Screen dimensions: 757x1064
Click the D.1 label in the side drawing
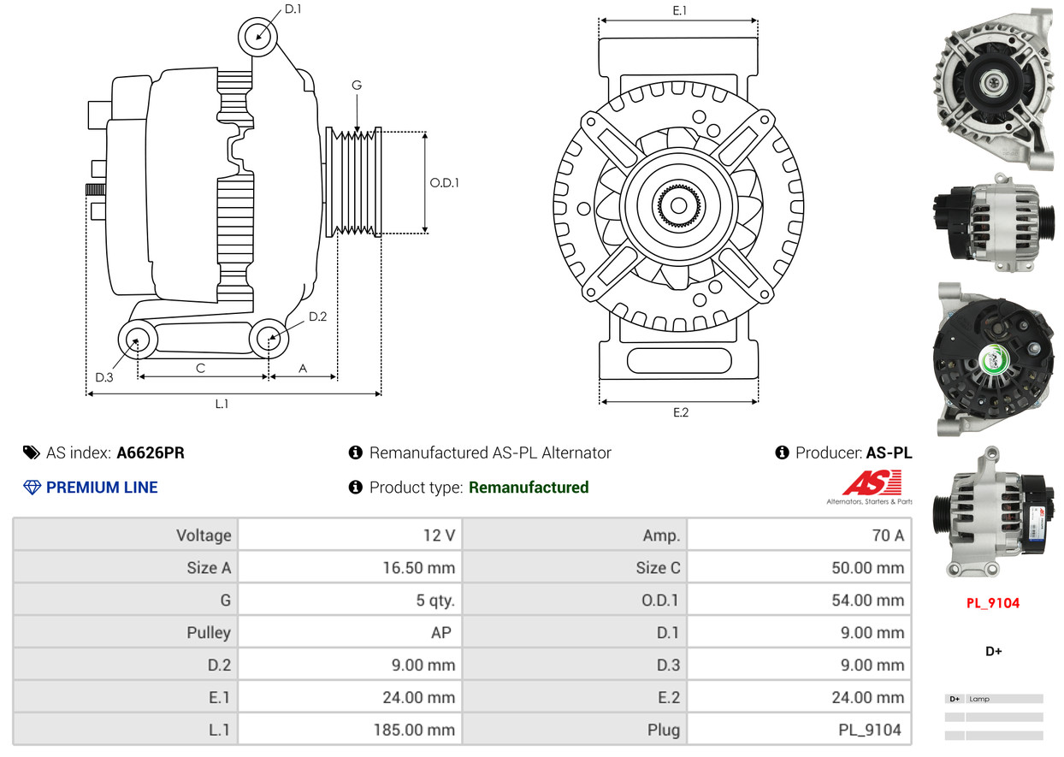pos(293,9)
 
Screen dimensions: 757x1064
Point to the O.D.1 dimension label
pos(444,182)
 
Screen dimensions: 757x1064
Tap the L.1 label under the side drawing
pos(222,404)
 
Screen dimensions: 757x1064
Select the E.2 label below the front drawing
pos(680,412)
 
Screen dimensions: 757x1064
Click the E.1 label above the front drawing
pos(680,10)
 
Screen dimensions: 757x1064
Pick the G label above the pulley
pos(357,85)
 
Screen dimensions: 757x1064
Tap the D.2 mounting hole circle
pos(270,338)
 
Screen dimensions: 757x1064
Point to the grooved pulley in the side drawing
pos(353,182)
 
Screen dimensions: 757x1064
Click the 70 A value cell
pos(887,535)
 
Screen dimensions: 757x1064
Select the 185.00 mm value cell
pos(414,730)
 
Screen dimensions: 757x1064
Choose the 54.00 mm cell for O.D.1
pos(867,600)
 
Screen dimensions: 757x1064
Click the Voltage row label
pos(204,535)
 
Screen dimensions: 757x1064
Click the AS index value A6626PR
pos(150,452)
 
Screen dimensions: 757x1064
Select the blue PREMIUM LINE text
pos(101,488)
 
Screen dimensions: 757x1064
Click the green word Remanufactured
pos(529,488)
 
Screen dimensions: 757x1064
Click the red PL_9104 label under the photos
pos(993,603)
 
